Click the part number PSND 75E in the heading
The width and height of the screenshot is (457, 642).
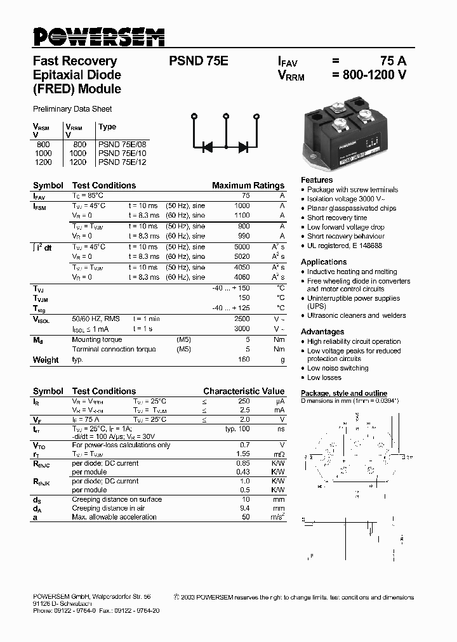tap(198, 62)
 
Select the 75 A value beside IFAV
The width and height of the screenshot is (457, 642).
tap(393, 62)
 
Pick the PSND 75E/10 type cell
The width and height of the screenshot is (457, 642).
tap(122, 154)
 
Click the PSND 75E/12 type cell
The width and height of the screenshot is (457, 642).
tap(122, 162)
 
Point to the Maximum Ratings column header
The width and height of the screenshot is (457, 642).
tap(248, 186)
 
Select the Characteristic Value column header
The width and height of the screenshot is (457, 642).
tap(244, 391)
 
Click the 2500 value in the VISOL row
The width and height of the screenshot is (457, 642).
tap(242, 320)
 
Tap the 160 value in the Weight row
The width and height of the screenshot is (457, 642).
tap(244, 360)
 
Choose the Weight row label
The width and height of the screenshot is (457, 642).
tap(46, 360)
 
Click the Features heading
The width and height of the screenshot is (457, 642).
tap(317, 180)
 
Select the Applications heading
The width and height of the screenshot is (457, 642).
tap(324, 262)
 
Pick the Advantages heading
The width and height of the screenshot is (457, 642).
tap(322, 332)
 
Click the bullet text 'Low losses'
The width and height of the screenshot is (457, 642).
tap(324, 377)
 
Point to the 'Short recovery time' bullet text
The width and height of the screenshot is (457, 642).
tap(337, 218)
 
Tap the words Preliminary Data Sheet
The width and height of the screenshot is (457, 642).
tap(72, 109)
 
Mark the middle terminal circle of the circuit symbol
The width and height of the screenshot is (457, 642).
tap(225, 116)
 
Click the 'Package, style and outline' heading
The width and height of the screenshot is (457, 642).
tap(343, 393)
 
